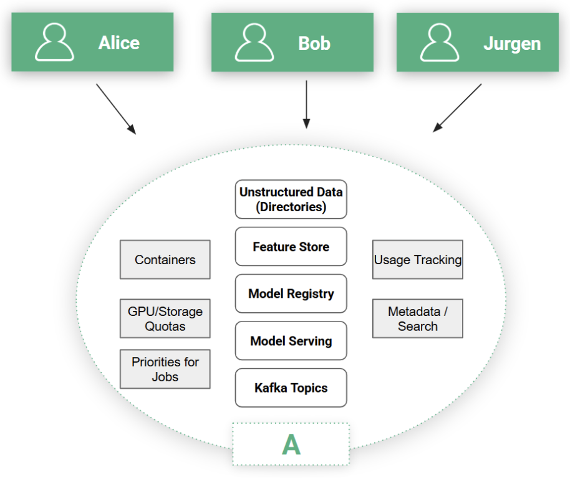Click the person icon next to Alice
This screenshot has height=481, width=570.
[x=54, y=42]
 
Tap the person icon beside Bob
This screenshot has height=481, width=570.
[x=254, y=42]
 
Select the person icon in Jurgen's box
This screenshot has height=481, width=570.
[x=440, y=42]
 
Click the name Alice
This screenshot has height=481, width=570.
[x=118, y=43]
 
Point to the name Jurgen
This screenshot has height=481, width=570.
[x=511, y=44]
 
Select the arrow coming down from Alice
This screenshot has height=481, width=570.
[x=116, y=108]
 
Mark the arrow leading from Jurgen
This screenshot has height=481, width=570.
[x=457, y=108]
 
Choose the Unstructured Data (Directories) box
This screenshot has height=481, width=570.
[x=291, y=199]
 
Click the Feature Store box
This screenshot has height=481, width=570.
[x=291, y=247]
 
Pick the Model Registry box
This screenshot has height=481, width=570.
[x=291, y=293]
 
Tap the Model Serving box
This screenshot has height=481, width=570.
[x=291, y=341]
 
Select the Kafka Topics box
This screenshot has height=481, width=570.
[x=291, y=388]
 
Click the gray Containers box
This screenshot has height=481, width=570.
[x=165, y=260]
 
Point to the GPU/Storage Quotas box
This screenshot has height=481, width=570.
[x=165, y=318]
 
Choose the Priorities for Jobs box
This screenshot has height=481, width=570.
[x=165, y=369]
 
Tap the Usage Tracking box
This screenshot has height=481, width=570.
[x=418, y=260]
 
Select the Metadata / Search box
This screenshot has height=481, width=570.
[x=418, y=318]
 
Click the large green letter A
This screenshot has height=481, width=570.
[x=291, y=444]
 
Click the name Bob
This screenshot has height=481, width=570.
[x=314, y=43]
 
